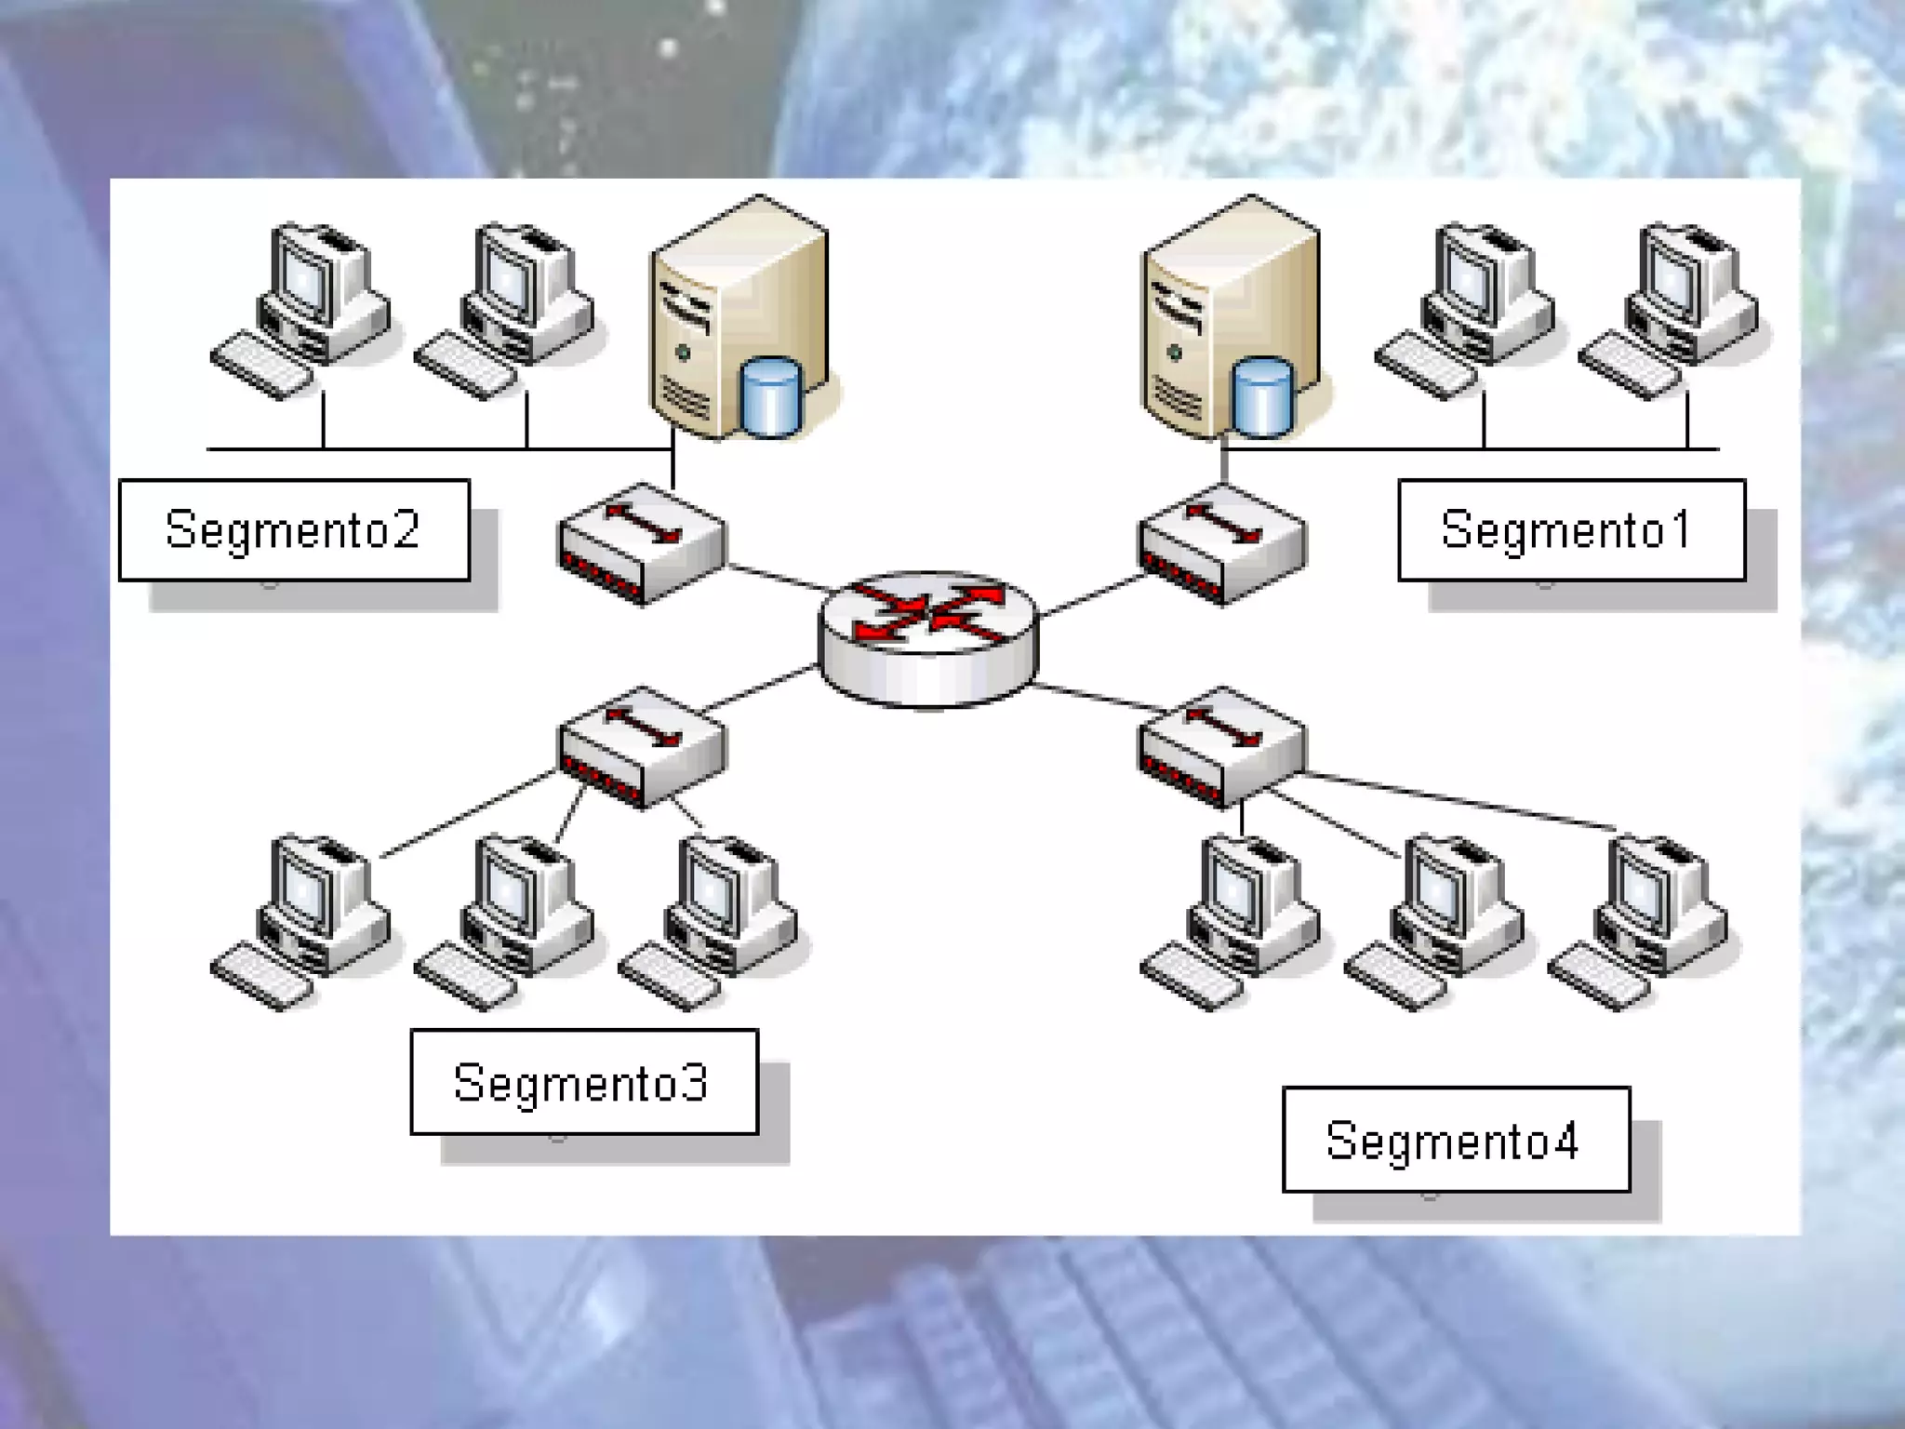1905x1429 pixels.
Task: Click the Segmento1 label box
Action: tap(1571, 530)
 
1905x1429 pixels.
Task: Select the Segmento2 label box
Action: tap(294, 530)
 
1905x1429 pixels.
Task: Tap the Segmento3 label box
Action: tap(584, 1082)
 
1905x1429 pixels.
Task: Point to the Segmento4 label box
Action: tap(1456, 1140)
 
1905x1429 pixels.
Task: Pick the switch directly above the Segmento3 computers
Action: tap(642, 747)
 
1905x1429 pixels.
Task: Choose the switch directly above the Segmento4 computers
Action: tap(1221, 747)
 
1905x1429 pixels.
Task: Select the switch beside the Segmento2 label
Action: tap(642, 543)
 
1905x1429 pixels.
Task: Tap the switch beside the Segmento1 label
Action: tap(1221, 543)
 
